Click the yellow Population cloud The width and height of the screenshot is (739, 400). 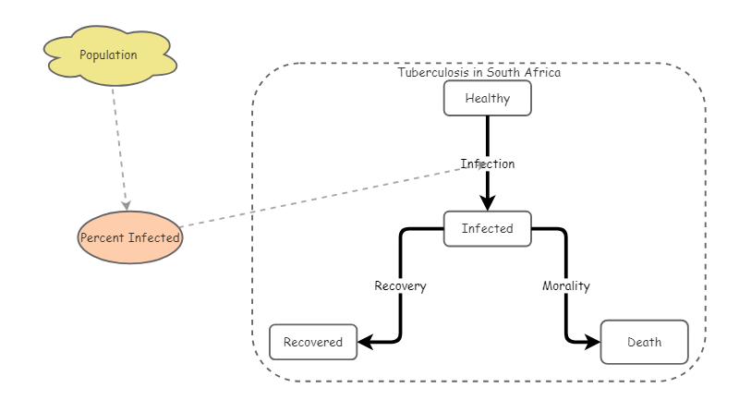(x=109, y=56)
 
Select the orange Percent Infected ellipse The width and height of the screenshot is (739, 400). (x=130, y=237)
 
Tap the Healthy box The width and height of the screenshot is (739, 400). (x=488, y=98)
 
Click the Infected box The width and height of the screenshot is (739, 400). (x=488, y=228)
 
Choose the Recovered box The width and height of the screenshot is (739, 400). (x=313, y=342)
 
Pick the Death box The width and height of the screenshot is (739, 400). (x=644, y=342)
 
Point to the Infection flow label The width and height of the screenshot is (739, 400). (x=488, y=164)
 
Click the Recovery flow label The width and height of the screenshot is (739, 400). (x=400, y=285)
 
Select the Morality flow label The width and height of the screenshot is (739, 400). (x=565, y=285)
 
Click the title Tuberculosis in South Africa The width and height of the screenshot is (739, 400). (x=479, y=71)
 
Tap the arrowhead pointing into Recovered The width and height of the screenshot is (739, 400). (x=365, y=342)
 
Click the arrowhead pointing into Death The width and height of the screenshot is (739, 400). (x=592, y=342)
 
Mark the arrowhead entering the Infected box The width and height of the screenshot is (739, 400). (x=488, y=203)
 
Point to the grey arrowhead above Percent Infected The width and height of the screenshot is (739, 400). (x=126, y=204)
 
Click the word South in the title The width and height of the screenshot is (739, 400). (x=504, y=71)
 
